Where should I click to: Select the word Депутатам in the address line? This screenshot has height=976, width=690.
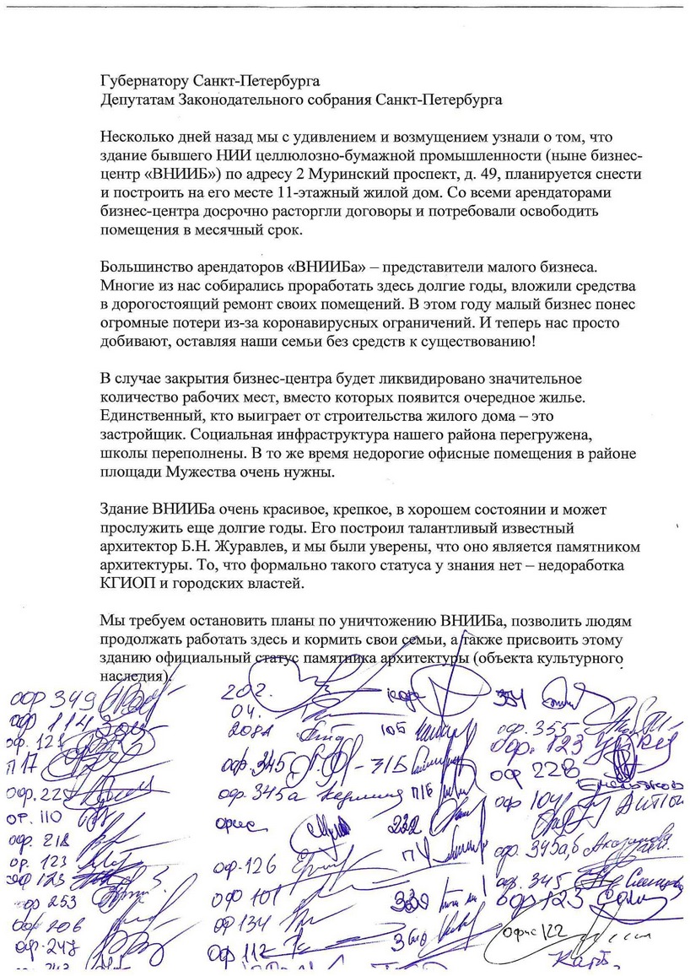(136, 99)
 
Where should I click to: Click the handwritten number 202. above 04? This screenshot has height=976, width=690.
(243, 691)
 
